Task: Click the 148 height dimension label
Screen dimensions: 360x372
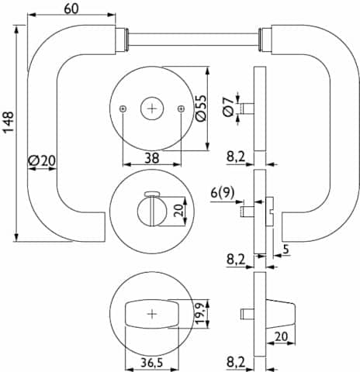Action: coord(8,122)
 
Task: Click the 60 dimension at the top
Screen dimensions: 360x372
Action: coord(71,9)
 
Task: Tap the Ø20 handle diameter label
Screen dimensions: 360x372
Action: coord(42,160)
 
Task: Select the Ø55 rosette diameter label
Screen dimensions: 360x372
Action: coord(201,108)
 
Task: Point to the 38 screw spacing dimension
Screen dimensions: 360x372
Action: coord(152,158)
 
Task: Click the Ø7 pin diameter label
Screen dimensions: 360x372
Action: coord(228,107)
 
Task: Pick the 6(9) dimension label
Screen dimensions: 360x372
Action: coord(223,193)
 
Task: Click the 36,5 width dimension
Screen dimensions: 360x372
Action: coord(152,363)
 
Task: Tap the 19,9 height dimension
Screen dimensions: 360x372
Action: coord(201,313)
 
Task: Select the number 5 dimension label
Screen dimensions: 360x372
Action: coord(286,250)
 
